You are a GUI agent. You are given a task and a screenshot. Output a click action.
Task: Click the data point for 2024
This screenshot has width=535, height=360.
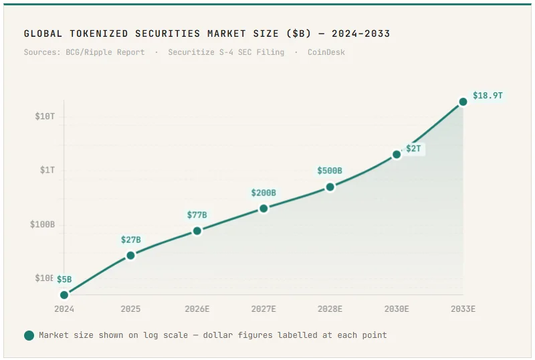pyautogui.click(x=64, y=294)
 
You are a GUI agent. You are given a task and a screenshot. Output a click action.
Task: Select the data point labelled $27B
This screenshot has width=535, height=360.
pyautogui.click(x=130, y=255)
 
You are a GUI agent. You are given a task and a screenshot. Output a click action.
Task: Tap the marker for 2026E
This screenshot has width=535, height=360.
pyautogui.click(x=197, y=231)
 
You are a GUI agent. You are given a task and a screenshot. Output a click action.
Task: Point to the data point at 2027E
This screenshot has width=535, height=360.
pyautogui.click(x=263, y=208)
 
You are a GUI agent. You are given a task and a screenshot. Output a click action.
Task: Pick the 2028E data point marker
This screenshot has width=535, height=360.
pyautogui.click(x=330, y=187)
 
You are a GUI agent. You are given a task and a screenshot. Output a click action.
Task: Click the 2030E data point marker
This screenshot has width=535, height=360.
pyautogui.click(x=397, y=154)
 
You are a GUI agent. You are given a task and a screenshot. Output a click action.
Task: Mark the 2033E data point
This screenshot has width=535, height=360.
pyautogui.click(x=463, y=102)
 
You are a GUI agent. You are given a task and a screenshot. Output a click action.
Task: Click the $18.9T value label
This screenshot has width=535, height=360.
pyautogui.click(x=488, y=96)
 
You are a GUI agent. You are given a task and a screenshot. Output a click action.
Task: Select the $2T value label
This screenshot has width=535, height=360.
pyautogui.click(x=413, y=148)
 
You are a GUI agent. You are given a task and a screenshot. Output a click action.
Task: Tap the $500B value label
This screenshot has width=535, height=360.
pyautogui.click(x=330, y=171)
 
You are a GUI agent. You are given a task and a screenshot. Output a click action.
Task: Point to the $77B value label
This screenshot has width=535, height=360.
pyautogui.click(x=197, y=215)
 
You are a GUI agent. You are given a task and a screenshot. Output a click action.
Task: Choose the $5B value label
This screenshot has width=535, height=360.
pyautogui.click(x=64, y=279)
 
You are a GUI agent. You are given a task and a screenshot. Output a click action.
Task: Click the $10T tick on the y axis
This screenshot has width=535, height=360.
pyautogui.click(x=45, y=116)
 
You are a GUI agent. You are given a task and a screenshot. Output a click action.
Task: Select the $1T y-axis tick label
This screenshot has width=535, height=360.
pyautogui.click(x=47, y=170)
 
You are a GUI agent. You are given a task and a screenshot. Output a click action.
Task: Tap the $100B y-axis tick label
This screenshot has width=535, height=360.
pyautogui.click(x=42, y=224)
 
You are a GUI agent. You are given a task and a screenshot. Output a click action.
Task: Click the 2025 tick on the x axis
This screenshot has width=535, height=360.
pyautogui.click(x=130, y=309)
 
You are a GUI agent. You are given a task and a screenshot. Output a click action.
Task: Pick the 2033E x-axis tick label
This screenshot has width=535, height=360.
pyautogui.click(x=463, y=309)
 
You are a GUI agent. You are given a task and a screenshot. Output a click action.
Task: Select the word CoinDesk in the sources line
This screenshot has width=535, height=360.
pyautogui.click(x=326, y=52)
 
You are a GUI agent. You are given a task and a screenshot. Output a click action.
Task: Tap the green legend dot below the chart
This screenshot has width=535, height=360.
pyautogui.click(x=29, y=335)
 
